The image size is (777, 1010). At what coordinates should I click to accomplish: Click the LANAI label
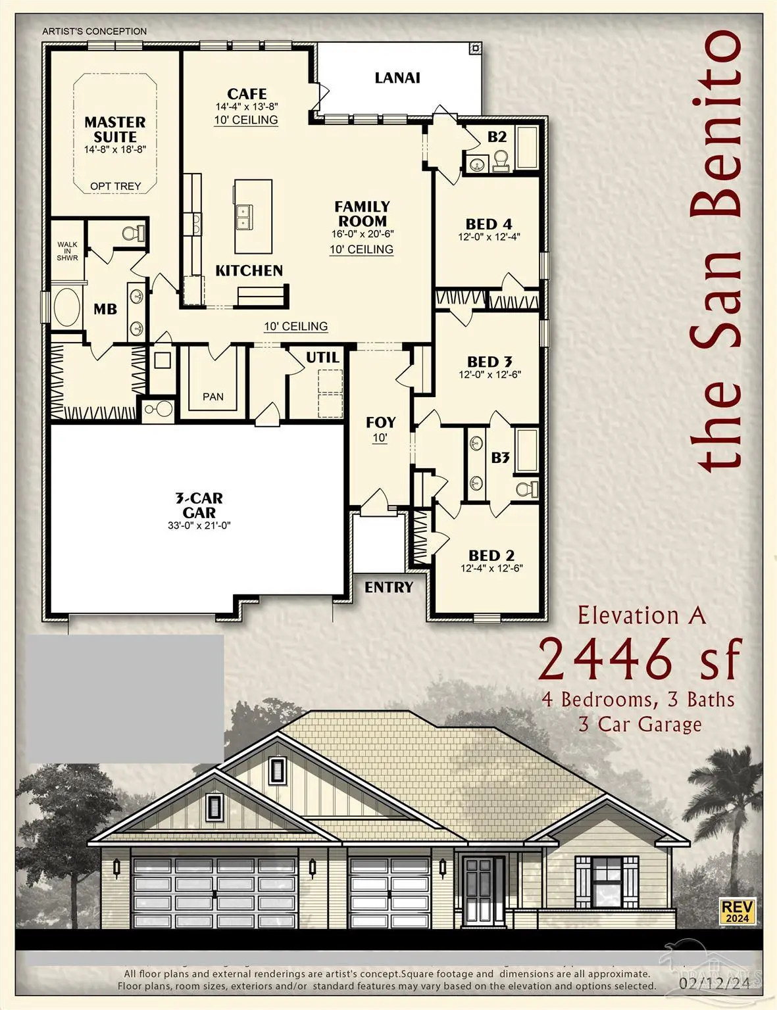pyautogui.click(x=397, y=78)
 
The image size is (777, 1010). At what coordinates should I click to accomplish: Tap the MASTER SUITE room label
pyautogui.click(x=115, y=130)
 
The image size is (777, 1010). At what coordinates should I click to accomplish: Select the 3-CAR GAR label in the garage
pyautogui.click(x=199, y=505)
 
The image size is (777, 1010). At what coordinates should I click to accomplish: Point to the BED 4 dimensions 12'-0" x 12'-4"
pyautogui.click(x=489, y=237)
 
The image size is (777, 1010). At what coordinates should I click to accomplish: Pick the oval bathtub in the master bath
pyautogui.click(x=66, y=308)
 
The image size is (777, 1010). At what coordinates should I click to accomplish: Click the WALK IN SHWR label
pyautogui.click(x=67, y=251)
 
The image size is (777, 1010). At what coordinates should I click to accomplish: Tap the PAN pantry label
pyautogui.click(x=213, y=397)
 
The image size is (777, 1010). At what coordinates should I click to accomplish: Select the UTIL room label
pyautogui.click(x=322, y=358)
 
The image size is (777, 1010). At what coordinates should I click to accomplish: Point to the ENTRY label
pyautogui.click(x=389, y=587)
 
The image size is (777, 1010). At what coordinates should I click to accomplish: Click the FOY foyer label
pyautogui.click(x=380, y=422)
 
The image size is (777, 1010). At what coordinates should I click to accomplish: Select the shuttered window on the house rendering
pyautogui.click(x=607, y=879)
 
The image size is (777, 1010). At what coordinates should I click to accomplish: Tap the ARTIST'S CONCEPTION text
pyautogui.click(x=95, y=31)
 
